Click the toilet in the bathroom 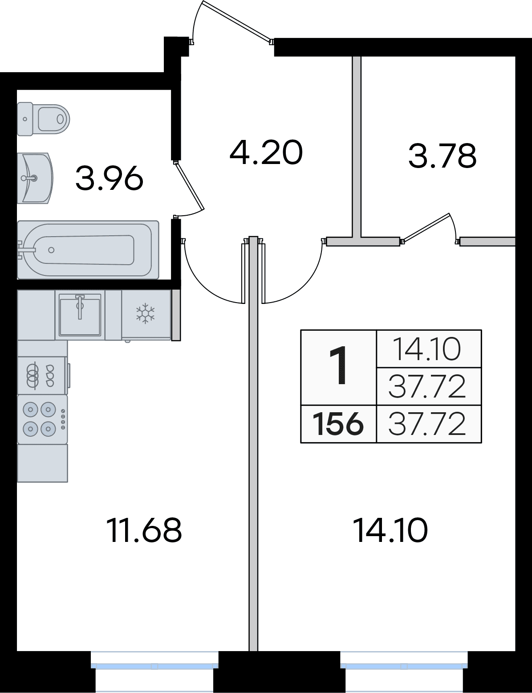coord(44,119)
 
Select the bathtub coord(88,250)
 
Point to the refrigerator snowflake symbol coord(145,314)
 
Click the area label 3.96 coord(109,178)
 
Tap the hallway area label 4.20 coord(266,152)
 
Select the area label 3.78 coord(442,156)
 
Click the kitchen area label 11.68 coord(144,530)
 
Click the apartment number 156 coord(338,424)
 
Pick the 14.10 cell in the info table coord(428,349)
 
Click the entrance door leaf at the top coord(236,21)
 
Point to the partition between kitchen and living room coord(253,446)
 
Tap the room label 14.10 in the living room coord(390,530)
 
